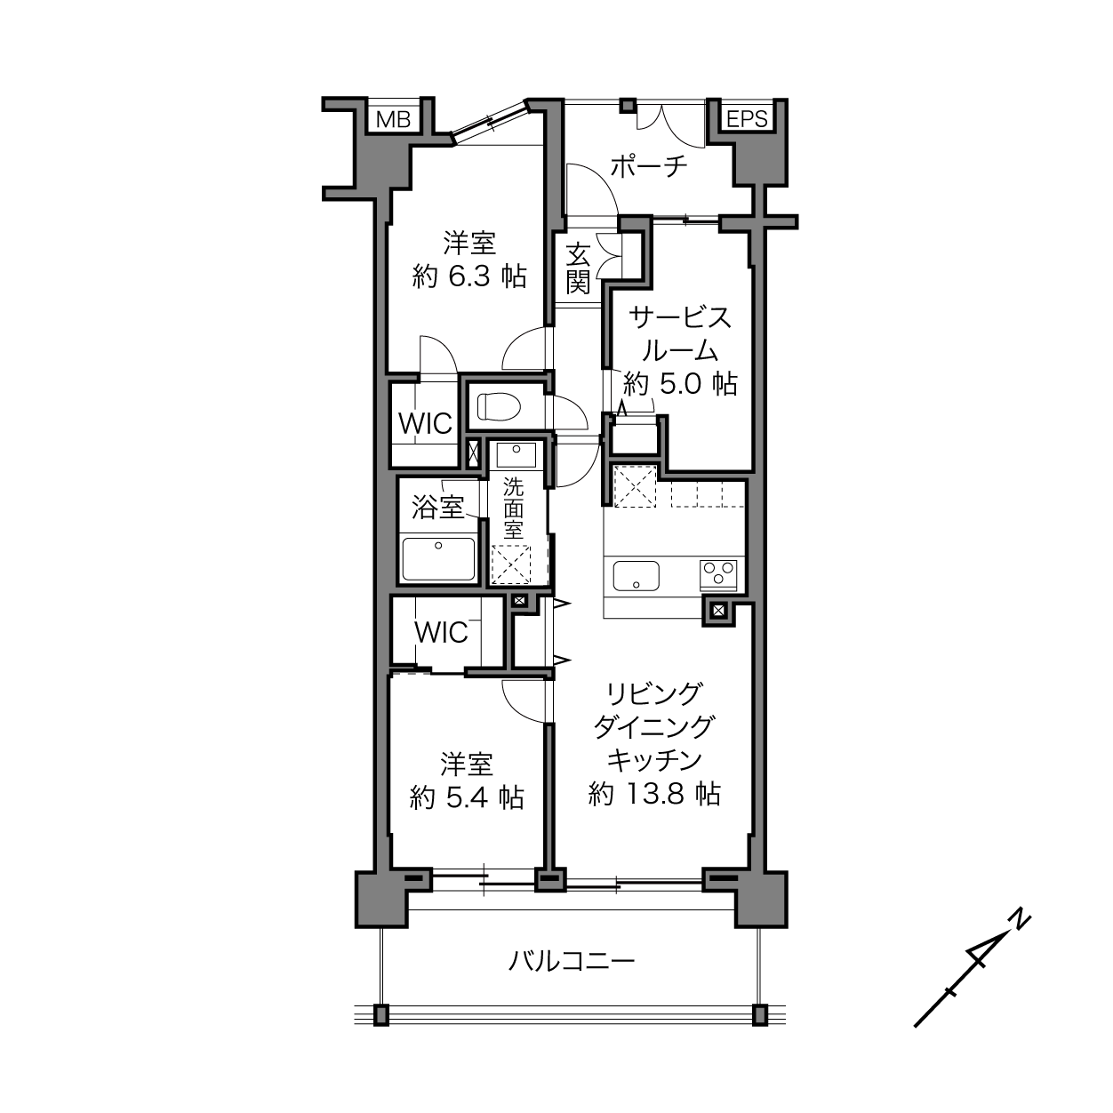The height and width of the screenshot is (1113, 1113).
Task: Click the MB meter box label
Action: tap(393, 119)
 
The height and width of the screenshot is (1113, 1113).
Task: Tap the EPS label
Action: tap(747, 119)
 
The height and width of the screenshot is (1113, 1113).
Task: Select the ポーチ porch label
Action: tap(649, 166)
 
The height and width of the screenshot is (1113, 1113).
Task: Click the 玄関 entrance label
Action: tap(577, 268)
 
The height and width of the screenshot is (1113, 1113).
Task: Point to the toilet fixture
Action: tap(499, 406)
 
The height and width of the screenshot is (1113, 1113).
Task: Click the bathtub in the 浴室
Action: tap(438, 558)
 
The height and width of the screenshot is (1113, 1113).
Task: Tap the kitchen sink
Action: tap(636, 576)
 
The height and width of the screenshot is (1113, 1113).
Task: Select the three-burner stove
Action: tap(718, 574)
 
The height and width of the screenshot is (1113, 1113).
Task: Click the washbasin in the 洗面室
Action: tap(516, 455)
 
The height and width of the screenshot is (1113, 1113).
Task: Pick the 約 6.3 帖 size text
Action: tap(469, 277)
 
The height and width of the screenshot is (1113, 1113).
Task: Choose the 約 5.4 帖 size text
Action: tap(467, 798)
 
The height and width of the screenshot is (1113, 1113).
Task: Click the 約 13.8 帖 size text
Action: tap(653, 794)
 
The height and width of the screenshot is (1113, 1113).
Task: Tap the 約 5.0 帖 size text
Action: tap(680, 383)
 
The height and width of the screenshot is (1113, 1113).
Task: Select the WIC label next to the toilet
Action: tap(425, 424)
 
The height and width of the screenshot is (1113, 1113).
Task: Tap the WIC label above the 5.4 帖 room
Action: tap(441, 632)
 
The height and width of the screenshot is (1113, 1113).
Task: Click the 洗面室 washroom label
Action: tap(513, 508)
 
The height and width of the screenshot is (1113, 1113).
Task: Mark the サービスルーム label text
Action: tap(680, 334)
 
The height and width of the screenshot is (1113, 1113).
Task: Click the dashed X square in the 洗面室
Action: tap(510, 565)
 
